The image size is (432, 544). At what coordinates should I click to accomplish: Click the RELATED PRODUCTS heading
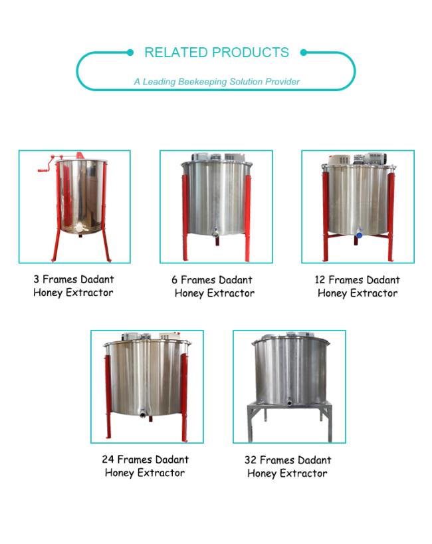(x=217, y=53)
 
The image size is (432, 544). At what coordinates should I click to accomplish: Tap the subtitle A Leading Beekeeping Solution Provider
(x=217, y=82)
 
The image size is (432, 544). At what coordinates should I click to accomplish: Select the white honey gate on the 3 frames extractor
(x=79, y=227)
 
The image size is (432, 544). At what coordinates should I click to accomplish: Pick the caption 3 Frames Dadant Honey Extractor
(x=74, y=286)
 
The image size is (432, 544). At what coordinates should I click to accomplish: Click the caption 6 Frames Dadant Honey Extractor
(x=213, y=287)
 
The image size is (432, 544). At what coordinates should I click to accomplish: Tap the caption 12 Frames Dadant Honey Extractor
(x=358, y=287)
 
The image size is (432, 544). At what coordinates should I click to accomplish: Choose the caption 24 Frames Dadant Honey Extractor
(x=146, y=466)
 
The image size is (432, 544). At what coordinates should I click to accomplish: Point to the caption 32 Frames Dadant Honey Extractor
(x=288, y=467)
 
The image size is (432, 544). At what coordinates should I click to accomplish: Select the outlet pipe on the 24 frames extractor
(x=143, y=413)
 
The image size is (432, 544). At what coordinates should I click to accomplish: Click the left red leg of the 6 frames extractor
(x=185, y=217)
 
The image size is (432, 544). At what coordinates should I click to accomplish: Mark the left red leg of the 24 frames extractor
(x=108, y=397)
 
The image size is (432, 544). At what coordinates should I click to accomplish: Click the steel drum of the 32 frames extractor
(x=290, y=371)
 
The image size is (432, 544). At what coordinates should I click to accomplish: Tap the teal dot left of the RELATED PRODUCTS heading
(x=130, y=53)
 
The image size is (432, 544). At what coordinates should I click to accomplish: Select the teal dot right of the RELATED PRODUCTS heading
(x=303, y=53)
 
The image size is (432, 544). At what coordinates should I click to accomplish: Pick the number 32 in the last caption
(x=251, y=460)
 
